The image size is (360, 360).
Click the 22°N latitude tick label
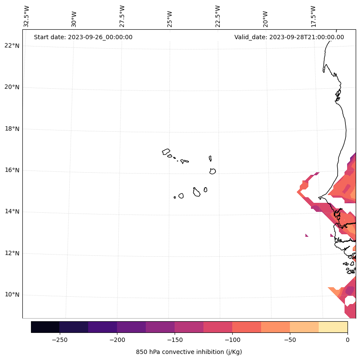click(x=12, y=46)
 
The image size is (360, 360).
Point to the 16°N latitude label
click(x=12, y=170)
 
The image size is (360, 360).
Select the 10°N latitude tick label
click(x=12, y=295)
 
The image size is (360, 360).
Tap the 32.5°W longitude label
click(x=27, y=16)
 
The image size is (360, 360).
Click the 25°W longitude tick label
click(x=170, y=18)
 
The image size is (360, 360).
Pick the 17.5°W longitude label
click(x=314, y=16)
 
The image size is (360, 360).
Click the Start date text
click(x=83, y=37)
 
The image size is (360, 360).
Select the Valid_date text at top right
click(x=289, y=37)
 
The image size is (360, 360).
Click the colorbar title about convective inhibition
click(x=189, y=352)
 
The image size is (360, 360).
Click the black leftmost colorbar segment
click(x=45, y=327)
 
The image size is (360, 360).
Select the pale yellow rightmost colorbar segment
click(x=333, y=327)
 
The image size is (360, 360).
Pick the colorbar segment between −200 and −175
click(x=131, y=327)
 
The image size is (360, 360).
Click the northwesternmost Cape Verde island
click(x=166, y=152)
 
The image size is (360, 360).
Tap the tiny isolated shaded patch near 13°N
click(x=307, y=235)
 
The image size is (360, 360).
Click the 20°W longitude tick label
click(x=266, y=18)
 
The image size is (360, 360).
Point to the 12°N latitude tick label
click(x=12, y=253)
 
